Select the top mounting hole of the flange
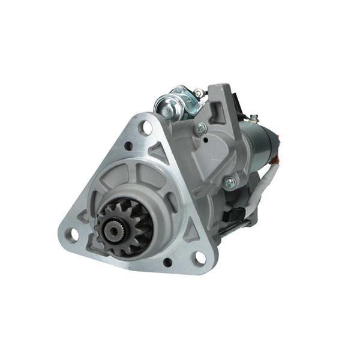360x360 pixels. point(145,127)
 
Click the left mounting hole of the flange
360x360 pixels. point(71,235)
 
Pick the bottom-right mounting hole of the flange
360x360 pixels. point(198,258)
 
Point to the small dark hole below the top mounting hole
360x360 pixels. point(128,146)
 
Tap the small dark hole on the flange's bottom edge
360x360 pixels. point(167,262)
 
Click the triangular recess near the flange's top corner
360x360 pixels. point(159,152)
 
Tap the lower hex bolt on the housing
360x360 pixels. point(229,184)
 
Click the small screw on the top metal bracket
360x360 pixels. point(197,93)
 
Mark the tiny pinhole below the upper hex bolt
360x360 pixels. point(206,140)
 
